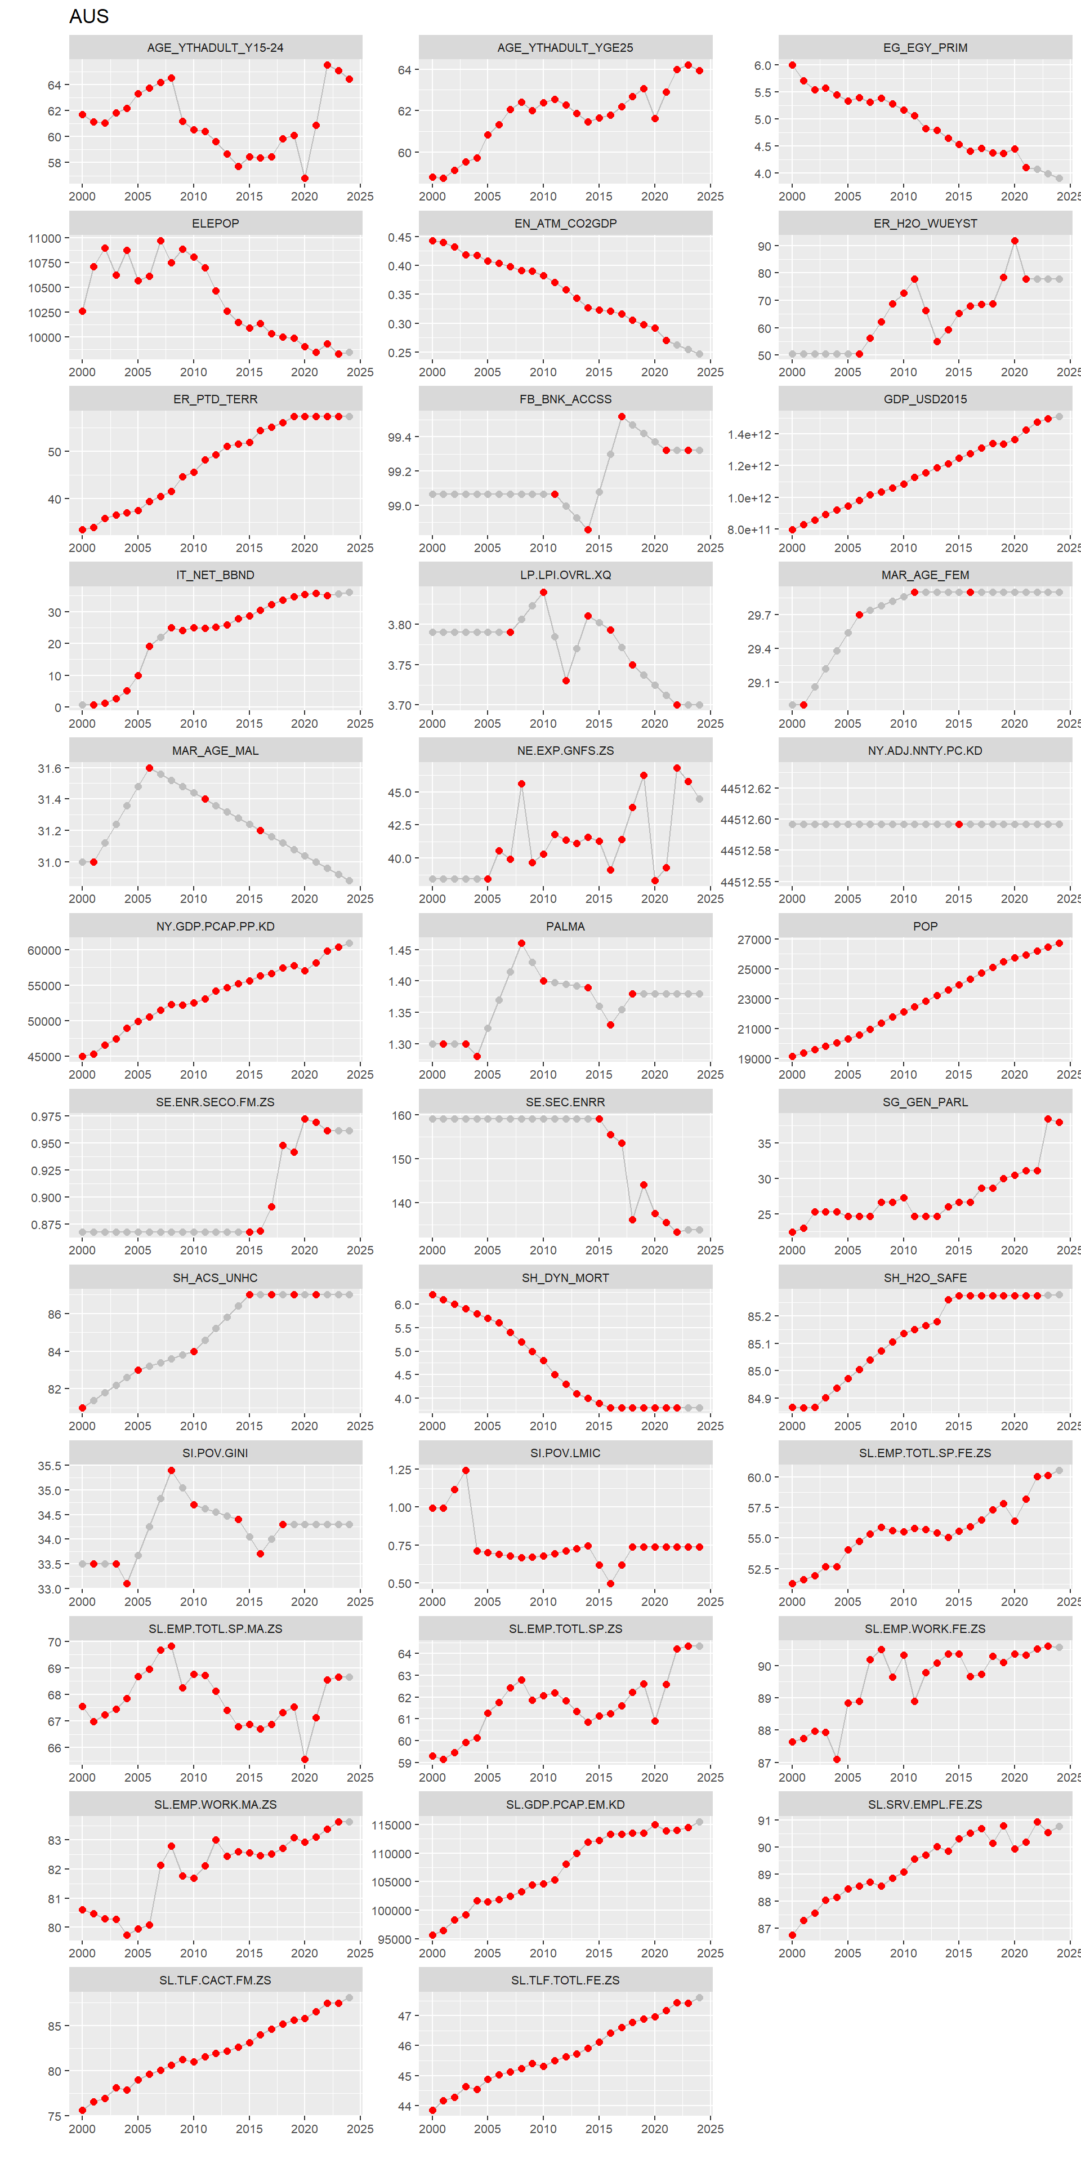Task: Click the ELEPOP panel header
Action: tap(215, 224)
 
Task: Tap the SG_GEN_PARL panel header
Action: tap(925, 1102)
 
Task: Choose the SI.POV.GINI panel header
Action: tap(215, 1453)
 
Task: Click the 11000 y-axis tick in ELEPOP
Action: tap(44, 238)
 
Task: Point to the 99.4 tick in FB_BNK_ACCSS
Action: tap(400, 438)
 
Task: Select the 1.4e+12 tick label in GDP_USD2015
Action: tap(749, 435)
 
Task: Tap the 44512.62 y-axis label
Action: tap(745, 789)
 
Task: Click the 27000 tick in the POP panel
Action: tap(754, 940)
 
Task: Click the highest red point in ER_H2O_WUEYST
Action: tap(1015, 241)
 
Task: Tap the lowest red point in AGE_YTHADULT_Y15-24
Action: tap(305, 178)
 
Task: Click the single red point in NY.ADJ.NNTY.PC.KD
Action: tap(959, 825)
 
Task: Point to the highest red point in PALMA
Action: tap(521, 943)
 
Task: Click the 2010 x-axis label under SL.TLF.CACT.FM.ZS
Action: tap(193, 2129)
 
